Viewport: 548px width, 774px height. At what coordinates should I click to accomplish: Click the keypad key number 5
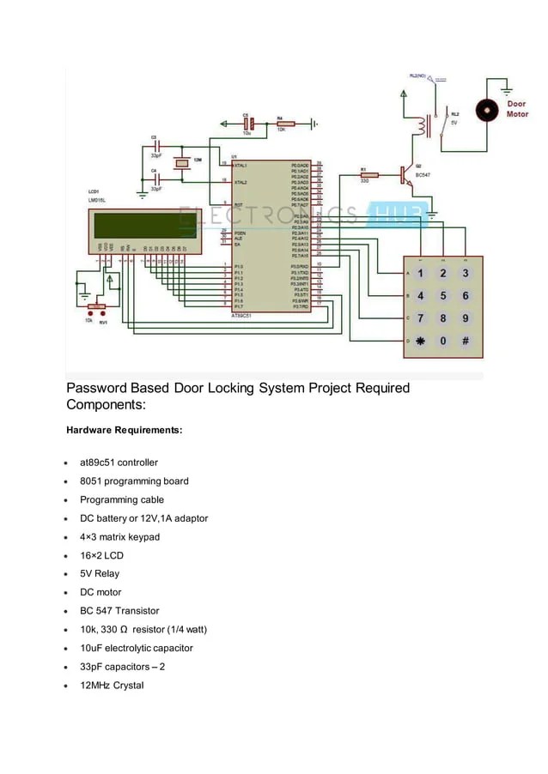(443, 296)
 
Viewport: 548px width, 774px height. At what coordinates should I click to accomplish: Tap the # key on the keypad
(466, 341)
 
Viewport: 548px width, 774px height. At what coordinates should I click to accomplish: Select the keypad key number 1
(421, 274)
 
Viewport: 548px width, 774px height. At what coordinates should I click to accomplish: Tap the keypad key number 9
(466, 318)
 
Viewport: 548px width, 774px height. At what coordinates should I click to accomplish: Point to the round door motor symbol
(487, 110)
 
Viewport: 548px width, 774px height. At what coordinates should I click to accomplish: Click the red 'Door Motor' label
(517, 109)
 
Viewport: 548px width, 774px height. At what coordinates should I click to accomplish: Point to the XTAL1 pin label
(240, 165)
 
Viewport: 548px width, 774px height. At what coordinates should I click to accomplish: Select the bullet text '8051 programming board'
(134, 481)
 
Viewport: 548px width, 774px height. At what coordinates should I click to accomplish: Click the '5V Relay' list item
(100, 574)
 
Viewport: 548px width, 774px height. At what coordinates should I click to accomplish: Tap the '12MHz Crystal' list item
(113, 686)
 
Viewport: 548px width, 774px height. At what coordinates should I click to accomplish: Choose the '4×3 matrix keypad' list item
(119, 537)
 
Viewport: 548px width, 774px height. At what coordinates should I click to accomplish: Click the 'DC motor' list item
(100, 592)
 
